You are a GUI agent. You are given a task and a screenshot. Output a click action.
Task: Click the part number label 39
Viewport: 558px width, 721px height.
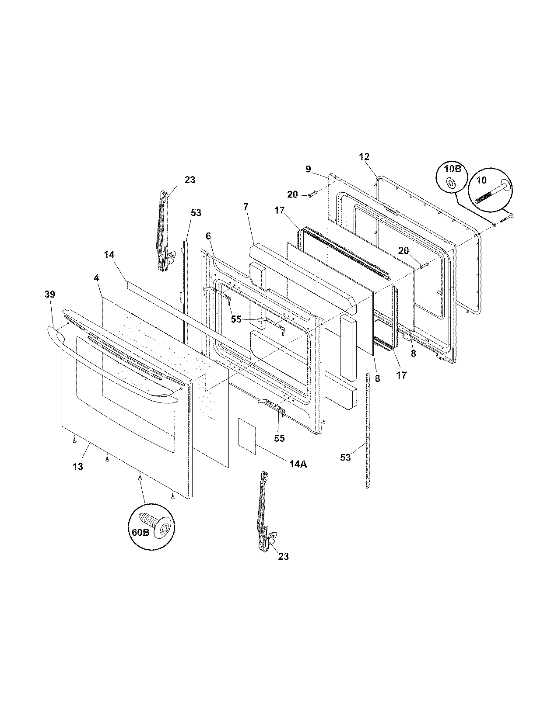[x=50, y=295]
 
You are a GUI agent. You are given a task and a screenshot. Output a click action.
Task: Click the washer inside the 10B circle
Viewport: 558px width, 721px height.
[x=451, y=183]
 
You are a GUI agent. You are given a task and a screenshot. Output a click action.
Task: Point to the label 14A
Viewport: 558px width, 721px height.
[x=298, y=464]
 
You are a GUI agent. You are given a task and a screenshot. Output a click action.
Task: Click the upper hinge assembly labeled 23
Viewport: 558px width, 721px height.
[x=164, y=232]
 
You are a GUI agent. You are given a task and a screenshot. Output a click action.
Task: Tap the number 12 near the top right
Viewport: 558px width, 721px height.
[x=364, y=157]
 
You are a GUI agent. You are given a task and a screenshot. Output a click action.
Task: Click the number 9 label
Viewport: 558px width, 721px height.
[x=308, y=169]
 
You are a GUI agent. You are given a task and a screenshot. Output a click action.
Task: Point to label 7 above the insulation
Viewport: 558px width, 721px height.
[x=246, y=207]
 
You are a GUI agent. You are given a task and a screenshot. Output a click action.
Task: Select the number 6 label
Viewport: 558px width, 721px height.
[x=208, y=236]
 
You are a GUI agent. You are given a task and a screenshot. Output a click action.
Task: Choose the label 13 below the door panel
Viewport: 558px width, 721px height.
[x=77, y=467]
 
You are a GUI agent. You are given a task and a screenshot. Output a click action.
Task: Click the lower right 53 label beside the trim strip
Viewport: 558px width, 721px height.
[x=346, y=458]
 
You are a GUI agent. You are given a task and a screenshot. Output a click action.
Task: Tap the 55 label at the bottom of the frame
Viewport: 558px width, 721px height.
[x=279, y=438]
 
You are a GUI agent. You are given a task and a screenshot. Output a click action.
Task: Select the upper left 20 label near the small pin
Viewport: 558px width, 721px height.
[x=292, y=194]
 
